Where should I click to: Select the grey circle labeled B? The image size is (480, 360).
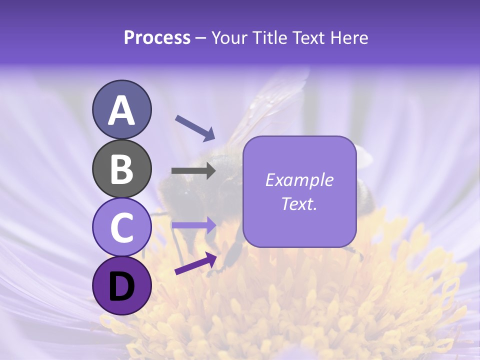[x=121, y=169]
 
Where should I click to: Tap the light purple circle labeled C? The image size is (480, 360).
[x=121, y=227]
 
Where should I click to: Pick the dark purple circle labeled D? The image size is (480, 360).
[x=121, y=285]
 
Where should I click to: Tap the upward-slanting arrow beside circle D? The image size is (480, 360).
[x=195, y=263]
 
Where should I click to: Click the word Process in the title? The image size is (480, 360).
[x=157, y=37]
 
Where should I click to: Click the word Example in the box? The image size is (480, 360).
[x=299, y=180]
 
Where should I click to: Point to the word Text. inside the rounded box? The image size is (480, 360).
[x=299, y=203]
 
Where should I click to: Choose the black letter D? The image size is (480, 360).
[x=121, y=286]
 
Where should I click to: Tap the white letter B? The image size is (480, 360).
[x=121, y=169]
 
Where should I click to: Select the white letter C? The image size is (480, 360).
[x=121, y=228]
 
